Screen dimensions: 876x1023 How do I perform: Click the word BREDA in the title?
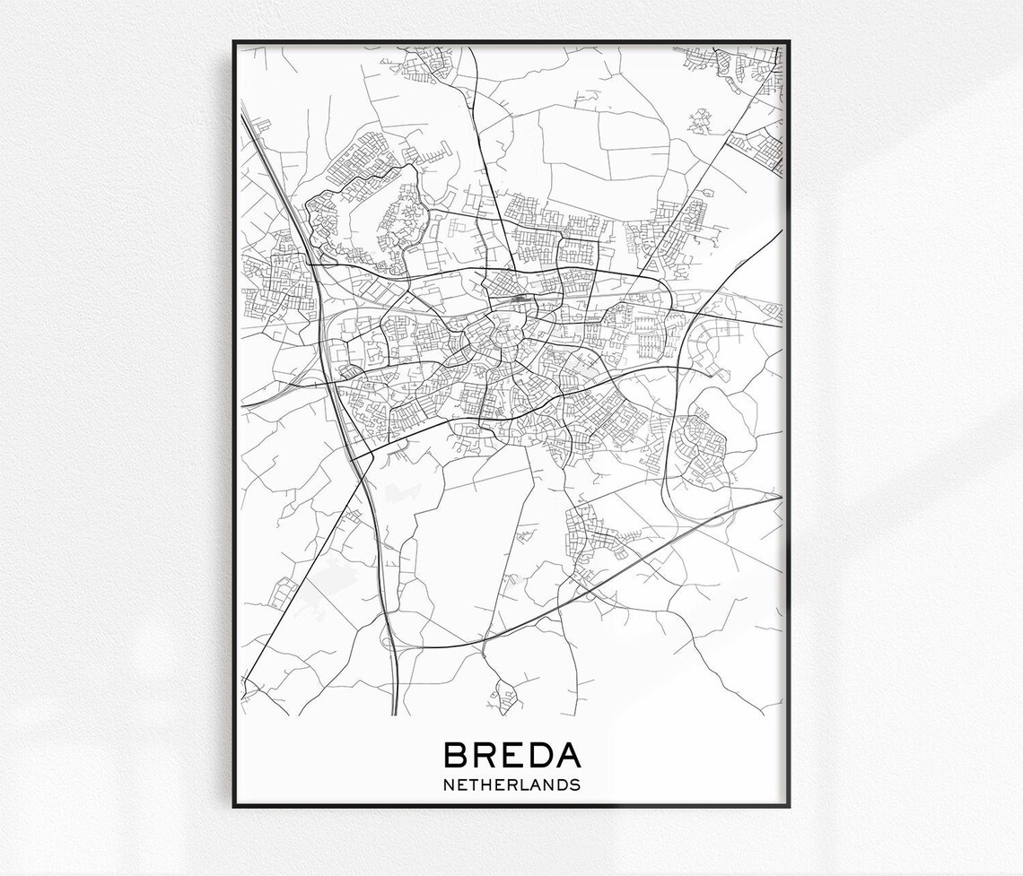[511, 755]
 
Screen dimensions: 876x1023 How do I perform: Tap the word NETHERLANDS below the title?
[511, 785]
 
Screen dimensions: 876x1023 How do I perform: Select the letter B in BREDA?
[456, 755]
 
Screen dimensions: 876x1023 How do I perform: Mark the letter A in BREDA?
[568, 755]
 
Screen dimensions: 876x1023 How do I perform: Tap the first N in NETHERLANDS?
[449, 785]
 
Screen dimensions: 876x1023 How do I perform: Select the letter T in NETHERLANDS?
[474, 785]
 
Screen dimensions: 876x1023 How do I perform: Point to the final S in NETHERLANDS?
[575, 785]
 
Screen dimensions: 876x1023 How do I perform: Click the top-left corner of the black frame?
[234, 41]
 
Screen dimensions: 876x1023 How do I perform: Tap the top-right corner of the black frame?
[789, 41]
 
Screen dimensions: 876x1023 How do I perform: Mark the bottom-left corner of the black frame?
[234, 805]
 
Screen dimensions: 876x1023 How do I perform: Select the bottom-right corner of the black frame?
[789, 805]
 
